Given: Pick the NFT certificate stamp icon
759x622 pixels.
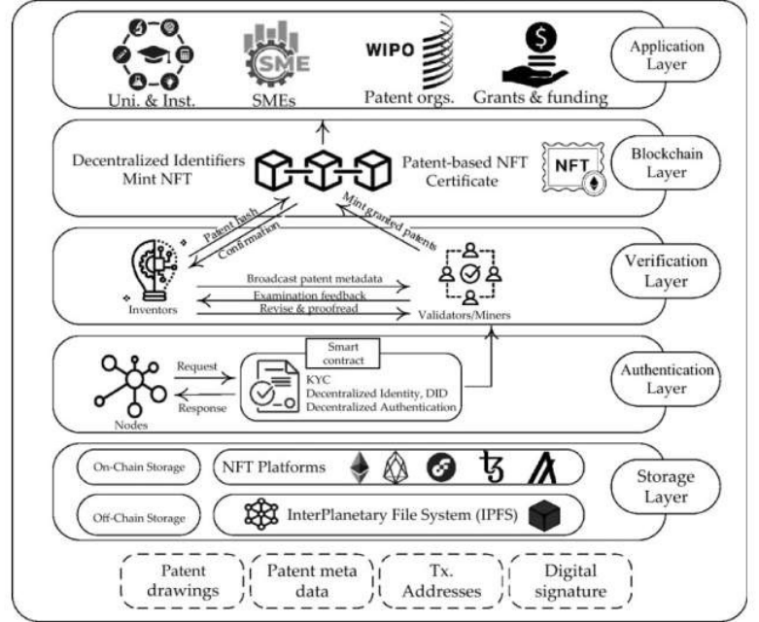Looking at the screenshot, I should [x=569, y=166].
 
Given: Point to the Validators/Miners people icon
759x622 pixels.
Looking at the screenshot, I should [x=469, y=273].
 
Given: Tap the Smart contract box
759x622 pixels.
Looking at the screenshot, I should [x=342, y=351].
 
